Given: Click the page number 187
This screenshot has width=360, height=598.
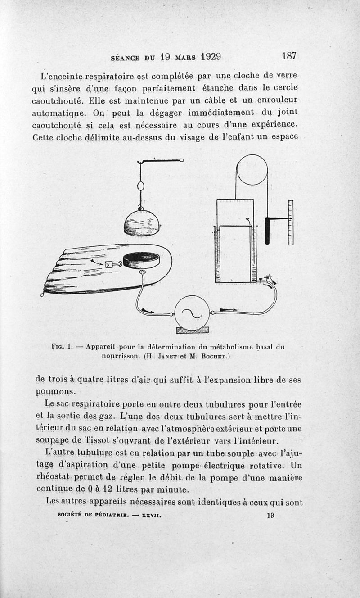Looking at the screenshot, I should [288, 56].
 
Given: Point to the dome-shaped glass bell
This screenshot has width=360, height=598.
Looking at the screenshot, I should [142, 223].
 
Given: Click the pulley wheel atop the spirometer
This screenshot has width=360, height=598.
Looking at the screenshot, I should [252, 169].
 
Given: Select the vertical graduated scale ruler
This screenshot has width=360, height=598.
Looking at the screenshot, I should [290, 222].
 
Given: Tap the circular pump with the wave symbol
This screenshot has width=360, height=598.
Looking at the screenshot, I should [192, 313].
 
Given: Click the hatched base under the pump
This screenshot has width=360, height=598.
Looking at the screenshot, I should [192, 330].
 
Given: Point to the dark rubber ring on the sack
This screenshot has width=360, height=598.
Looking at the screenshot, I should [140, 260].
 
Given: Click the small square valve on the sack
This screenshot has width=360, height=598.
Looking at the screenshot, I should [110, 265].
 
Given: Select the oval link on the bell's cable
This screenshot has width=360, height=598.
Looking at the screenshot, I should [140, 186].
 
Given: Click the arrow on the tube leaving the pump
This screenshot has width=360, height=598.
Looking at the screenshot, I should [228, 310].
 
